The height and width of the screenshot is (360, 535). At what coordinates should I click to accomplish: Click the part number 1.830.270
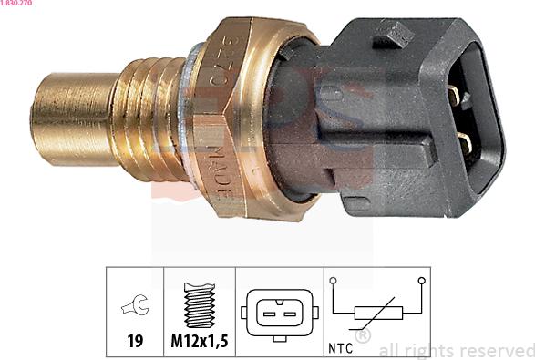(x=19, y=5)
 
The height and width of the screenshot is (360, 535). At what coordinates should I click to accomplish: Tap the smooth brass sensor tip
(x=68, y=118)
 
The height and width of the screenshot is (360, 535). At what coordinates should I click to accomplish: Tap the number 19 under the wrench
(x=135, y=344)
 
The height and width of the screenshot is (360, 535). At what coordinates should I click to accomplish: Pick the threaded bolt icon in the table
(x=199, y=305)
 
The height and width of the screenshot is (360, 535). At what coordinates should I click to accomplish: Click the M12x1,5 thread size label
(x=199, y=344)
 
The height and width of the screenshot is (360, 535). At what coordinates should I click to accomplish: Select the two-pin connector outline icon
(x=279, y=313)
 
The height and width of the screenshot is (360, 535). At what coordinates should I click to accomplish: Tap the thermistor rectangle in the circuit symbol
(x=376, y=314)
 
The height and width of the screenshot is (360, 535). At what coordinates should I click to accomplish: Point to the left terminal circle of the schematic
(x=334, y=282)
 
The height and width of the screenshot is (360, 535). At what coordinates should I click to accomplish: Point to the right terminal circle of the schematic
(x=421, y=282)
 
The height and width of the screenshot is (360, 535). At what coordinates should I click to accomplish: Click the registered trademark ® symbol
(x=362, y=336)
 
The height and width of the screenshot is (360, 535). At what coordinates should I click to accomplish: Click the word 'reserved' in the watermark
(x=497, y=350)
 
